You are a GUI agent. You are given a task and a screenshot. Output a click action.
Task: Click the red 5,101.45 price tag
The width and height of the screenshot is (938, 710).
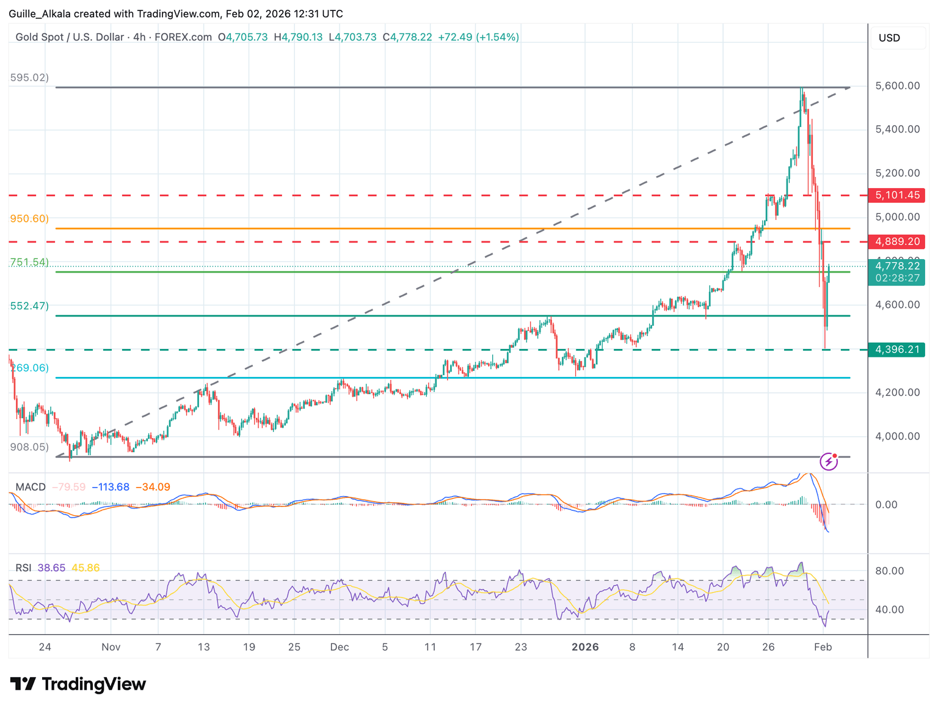point(896,196)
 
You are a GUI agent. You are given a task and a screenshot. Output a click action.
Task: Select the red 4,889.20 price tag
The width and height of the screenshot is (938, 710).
point(896,242)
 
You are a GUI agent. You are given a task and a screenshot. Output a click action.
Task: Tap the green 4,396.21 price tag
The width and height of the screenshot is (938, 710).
point(896,350)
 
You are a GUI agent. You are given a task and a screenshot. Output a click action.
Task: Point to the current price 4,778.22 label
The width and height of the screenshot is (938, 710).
point(896,266)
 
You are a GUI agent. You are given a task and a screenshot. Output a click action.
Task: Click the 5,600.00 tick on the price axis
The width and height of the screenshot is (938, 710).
point(897,86)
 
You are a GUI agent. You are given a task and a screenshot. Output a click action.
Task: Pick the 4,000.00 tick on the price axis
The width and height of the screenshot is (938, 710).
point(897,436)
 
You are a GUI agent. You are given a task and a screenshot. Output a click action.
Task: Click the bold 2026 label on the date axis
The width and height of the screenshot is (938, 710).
point(585,647)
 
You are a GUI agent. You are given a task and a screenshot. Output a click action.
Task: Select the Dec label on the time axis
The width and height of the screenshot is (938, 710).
point(340,647)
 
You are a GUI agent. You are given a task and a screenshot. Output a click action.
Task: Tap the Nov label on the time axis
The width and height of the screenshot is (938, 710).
point(111,647)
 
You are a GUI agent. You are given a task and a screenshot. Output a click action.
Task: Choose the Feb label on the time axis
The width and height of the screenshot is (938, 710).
point(823,647)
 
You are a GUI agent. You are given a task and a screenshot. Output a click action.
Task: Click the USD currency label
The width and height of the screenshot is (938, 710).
point(889,38)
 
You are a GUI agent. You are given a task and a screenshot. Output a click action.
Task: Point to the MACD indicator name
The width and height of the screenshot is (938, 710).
point(31,487)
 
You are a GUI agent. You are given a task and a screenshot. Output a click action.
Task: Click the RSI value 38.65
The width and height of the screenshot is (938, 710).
point(51,568)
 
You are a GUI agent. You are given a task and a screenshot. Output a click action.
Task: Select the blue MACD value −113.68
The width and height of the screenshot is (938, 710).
point(111,487)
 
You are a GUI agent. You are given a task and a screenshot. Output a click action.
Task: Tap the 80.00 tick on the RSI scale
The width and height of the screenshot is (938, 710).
point(889,571)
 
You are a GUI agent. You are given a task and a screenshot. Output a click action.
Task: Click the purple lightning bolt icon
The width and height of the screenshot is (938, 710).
point(828,461)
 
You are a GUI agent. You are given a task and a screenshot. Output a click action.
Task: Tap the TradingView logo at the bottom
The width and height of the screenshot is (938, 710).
point(78,684)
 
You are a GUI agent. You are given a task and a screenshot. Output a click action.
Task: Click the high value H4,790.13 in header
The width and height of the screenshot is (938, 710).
point(298,37)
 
